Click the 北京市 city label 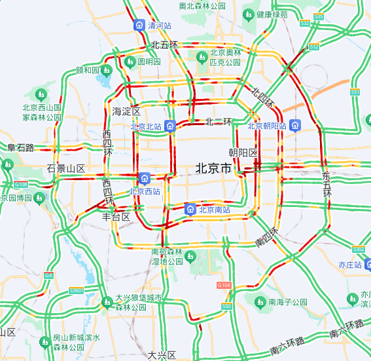tap(213, 168)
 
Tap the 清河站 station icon tap(139, 26)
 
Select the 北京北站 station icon tap(170, 126)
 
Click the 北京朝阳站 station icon tap(296, 125)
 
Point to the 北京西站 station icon tap(145, 178)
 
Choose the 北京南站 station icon tap(190, 210)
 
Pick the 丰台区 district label tap(116, 216)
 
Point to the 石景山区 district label tap(66, 169)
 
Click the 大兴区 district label tap(162, 354)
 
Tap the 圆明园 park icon tap(129, 62)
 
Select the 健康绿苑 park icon tap(249, 14)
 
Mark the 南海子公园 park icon tap(260, 302)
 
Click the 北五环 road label tap(164, 45)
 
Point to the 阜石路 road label tap(20, 148)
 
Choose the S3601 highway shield tap(77, 290)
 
